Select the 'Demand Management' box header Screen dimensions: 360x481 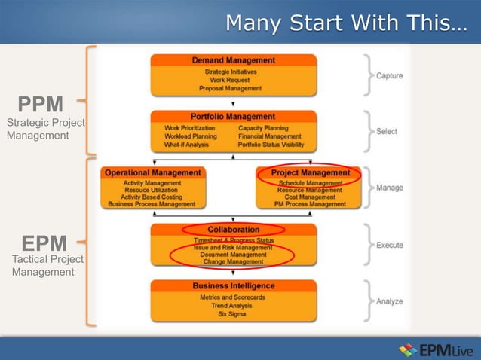(233, 60)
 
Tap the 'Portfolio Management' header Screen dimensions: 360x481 (233, 117)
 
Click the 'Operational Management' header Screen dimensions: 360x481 (153, 172)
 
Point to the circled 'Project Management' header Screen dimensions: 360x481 (310, 172)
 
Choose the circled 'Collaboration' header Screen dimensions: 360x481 (233, 229)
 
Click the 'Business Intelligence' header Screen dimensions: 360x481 (233, 286)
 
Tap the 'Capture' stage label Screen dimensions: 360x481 (389, 75)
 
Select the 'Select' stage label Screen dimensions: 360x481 (386, 131)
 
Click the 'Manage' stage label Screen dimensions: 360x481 (389, 188)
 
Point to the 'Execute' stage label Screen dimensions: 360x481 (389, 245)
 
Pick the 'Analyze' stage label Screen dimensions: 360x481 (389, 301)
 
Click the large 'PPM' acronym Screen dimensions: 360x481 (41, 104)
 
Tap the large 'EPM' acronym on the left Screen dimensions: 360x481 (44, 243)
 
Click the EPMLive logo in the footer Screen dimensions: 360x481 (434, 349)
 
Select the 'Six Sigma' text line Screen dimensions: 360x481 (232, 314)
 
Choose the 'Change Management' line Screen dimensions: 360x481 (233, 261)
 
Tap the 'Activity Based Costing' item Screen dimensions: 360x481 (152, 197)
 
